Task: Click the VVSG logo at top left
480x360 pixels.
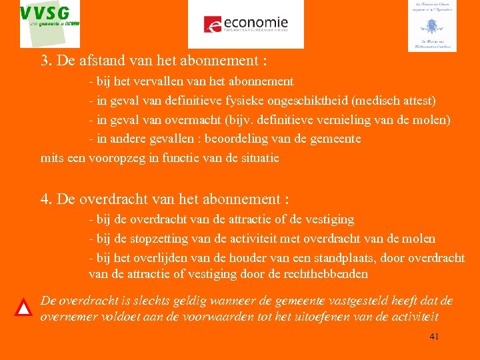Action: point(50,23)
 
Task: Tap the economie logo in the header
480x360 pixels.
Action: point(245,24)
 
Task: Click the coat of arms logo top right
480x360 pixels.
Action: point(432,25)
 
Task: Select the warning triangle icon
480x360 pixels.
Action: point(24,307)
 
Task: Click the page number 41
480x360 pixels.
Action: point(434,337)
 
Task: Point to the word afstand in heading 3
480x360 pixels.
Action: point(82,61)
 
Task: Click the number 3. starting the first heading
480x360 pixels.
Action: point(47,61)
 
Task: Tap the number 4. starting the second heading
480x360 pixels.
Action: point(47,199)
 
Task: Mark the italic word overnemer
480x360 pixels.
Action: point(68,317)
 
